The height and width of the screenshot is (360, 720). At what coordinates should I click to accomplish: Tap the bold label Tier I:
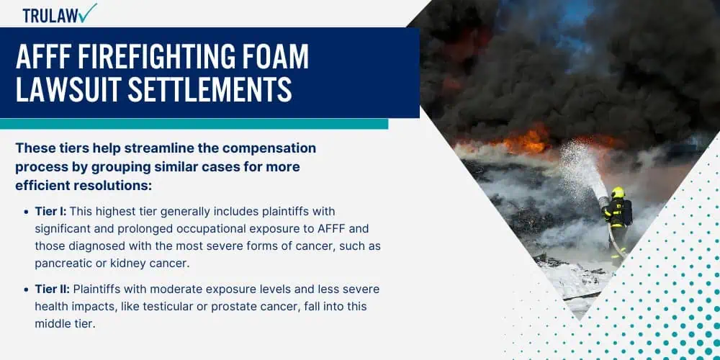(51, 211)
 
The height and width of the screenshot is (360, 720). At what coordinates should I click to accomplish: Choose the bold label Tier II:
(53, 289)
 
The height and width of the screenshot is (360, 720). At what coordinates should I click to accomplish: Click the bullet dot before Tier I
(26, 212)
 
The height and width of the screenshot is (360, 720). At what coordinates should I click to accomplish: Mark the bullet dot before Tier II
(26, 290)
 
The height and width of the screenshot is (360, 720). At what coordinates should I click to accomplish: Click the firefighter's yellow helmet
(618, 192)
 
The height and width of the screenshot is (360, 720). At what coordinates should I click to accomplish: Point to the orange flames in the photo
(528, 140)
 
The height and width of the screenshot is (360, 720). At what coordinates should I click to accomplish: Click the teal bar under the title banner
(194, 124)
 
